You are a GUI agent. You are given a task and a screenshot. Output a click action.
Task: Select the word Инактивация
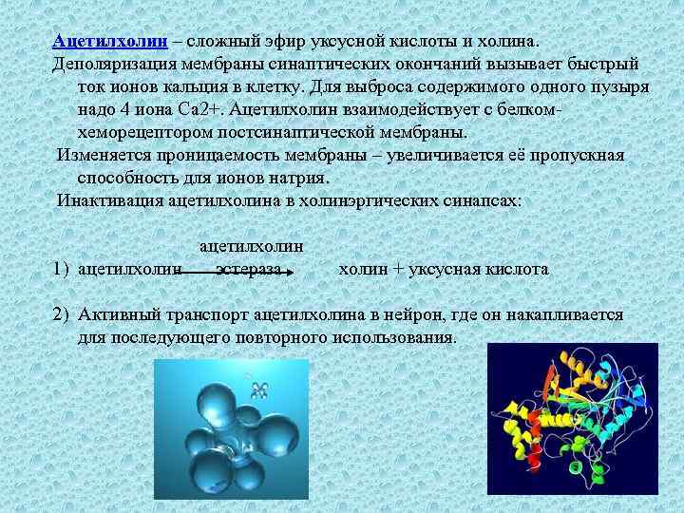click(x=107, y=200)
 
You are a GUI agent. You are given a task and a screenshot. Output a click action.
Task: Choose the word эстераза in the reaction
click(x=248, y=270)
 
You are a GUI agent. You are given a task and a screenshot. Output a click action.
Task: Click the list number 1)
click(x=62, y=270)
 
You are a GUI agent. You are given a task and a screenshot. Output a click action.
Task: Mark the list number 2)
click(x=62, y=314)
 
